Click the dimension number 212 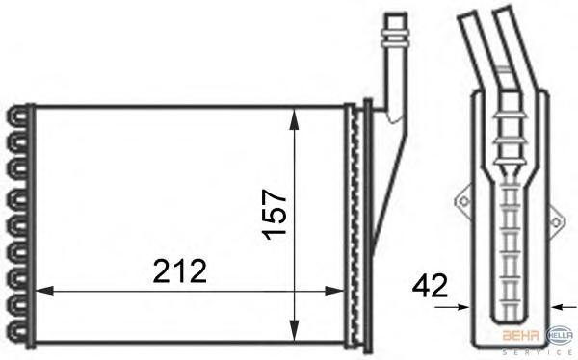[x=179, y=271]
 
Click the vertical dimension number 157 [x=275, y=215]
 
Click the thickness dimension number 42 [x=430, y=286]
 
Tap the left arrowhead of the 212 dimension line [x=44, y=291]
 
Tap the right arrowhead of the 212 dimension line [x=334, y=291]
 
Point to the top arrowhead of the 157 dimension [x=294, y=118]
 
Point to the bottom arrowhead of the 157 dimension [x=294, y=330]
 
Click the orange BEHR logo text [x=520, y=335]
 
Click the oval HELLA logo [x=560, y=335]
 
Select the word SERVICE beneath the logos [x=539, y=352]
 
